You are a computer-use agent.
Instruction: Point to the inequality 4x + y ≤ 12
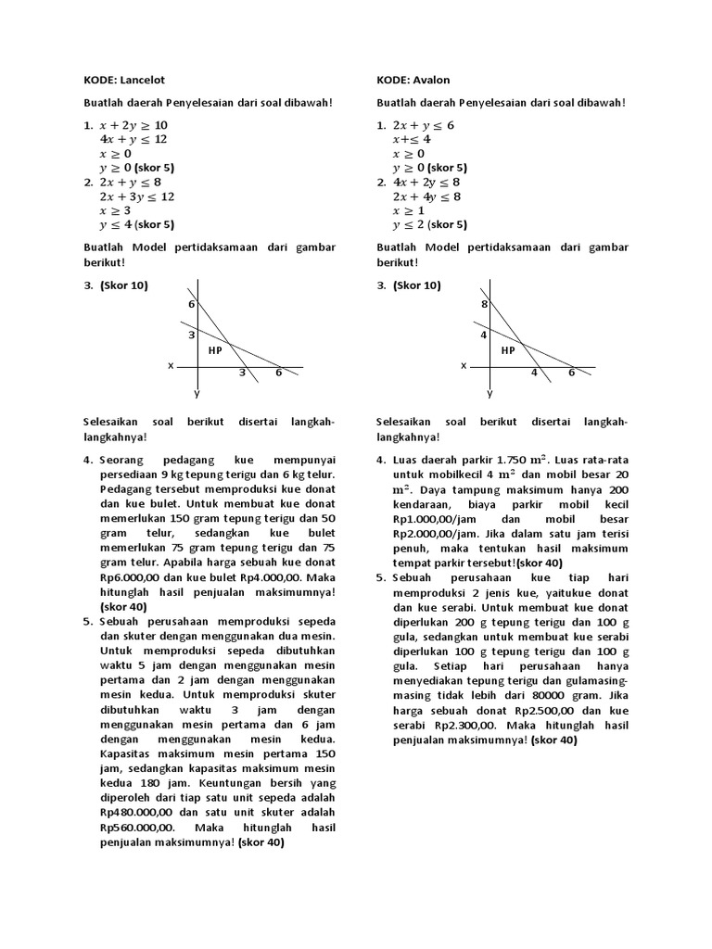click(x=133, y=139)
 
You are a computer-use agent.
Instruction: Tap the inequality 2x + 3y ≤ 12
click(x=136, y=196)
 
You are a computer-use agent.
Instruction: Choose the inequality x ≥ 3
click(x=116, y=210)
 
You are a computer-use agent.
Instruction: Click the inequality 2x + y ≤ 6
click(x=423, y=125)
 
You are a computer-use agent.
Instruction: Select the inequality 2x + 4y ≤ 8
click(x=426, y=196)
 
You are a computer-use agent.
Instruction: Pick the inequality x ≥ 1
click(x=409, y=210)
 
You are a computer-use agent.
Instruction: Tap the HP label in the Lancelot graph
click(x=215, y=350)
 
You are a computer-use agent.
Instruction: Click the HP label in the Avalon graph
click(x=508, y=350)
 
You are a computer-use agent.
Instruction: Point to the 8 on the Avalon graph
click(x=483, y=304)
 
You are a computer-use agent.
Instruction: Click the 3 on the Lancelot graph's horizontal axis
click(x=242, y=373)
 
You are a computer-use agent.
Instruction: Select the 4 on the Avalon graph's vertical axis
click(x=483, y=335)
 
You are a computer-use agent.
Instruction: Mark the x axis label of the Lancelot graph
click(x=171, y=366)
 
